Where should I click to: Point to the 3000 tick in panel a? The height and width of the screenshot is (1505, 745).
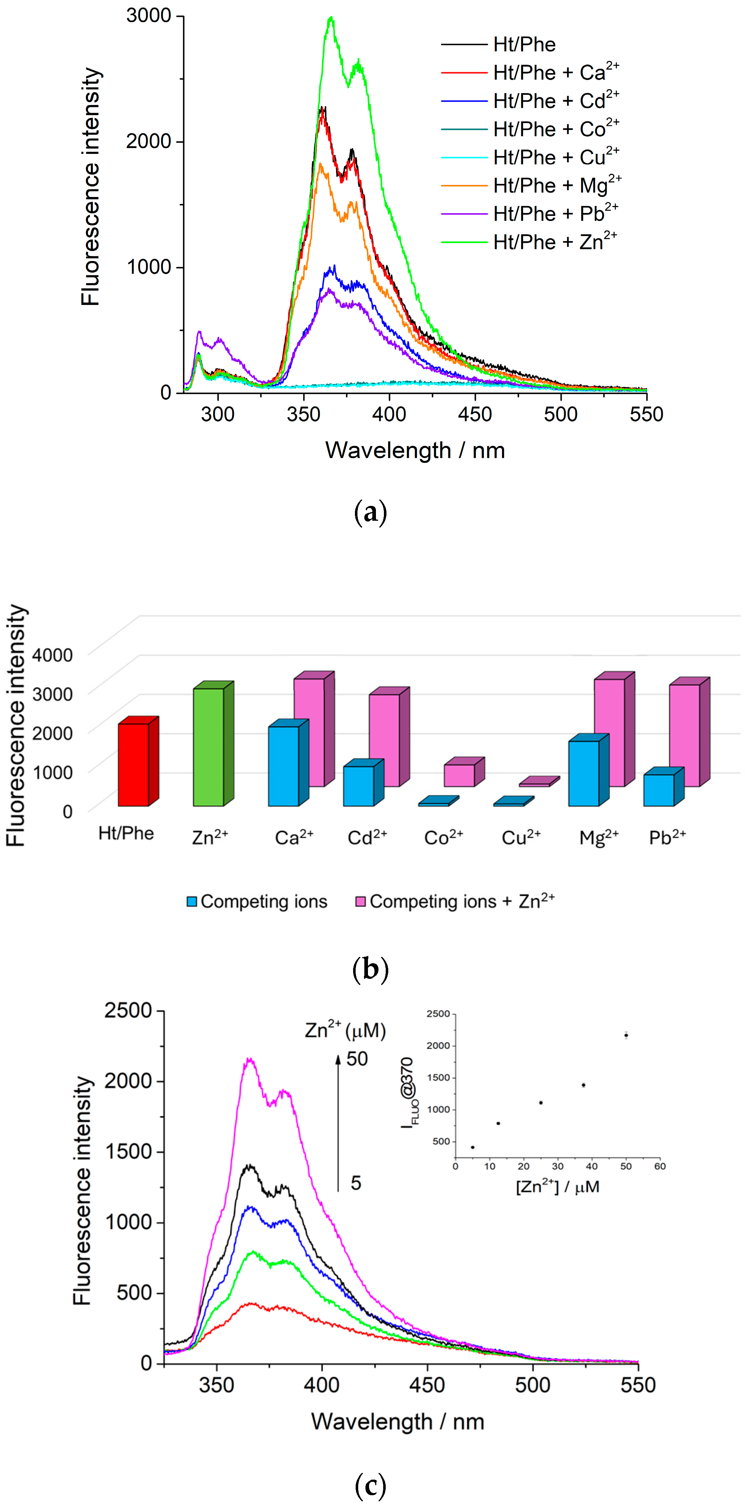click(148, 16)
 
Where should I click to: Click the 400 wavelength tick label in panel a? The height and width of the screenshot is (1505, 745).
click(389, 414)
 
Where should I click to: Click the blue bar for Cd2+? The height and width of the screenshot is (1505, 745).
click(358, 786)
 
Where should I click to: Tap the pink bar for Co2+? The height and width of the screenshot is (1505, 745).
click(459, 775)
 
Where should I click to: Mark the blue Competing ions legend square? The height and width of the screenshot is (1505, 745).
click(192, 901)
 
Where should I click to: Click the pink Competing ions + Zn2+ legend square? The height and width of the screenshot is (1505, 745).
click(360, 901)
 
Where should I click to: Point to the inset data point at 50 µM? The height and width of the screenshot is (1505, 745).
click(626, 1036)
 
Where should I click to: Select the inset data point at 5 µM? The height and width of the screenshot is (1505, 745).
click(472, 1148)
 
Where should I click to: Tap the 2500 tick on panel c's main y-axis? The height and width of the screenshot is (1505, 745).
click(127, 1010)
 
